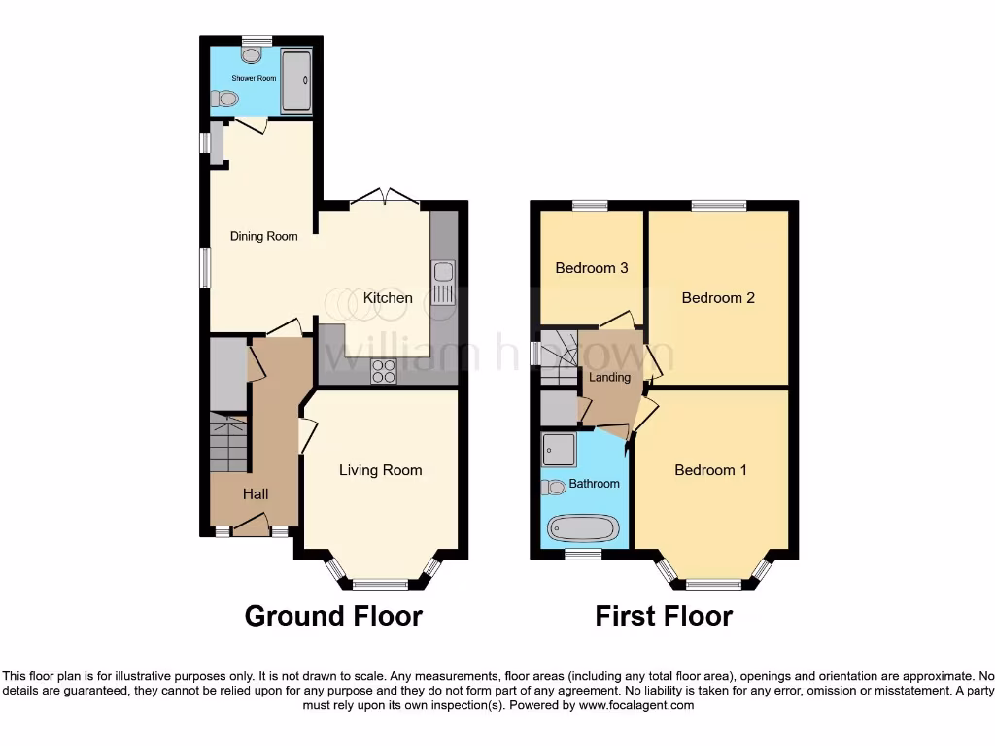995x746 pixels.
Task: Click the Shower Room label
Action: tap(254, 78)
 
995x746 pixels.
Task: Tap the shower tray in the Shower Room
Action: tap(295, 81)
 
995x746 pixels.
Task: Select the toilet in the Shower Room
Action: tap(225, 98)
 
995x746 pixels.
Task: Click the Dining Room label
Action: tap(263, 236)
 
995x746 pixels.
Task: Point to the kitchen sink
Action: tap(443, 283)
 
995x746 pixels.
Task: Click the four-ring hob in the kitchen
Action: tap(383, 371)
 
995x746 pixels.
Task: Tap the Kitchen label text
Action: tap(388, 298)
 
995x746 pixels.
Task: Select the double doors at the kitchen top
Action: tap(385, 198)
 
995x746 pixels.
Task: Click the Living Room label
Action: tap(380, 470)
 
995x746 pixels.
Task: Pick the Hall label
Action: tap(256, 494)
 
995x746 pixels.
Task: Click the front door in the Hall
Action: tap(251, 527)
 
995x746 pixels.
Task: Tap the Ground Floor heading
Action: tap(333, 616)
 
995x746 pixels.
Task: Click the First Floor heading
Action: tap(664, 616)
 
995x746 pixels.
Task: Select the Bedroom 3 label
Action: tap(591, 268)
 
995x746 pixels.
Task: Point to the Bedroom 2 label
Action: tap(718, 298)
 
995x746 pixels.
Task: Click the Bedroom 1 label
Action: tap(710, 470)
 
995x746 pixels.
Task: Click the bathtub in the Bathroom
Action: tap(583, 528)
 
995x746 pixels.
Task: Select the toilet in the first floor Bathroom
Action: tap(555, 487)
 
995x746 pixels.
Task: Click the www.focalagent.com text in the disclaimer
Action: tap(635, 706)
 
